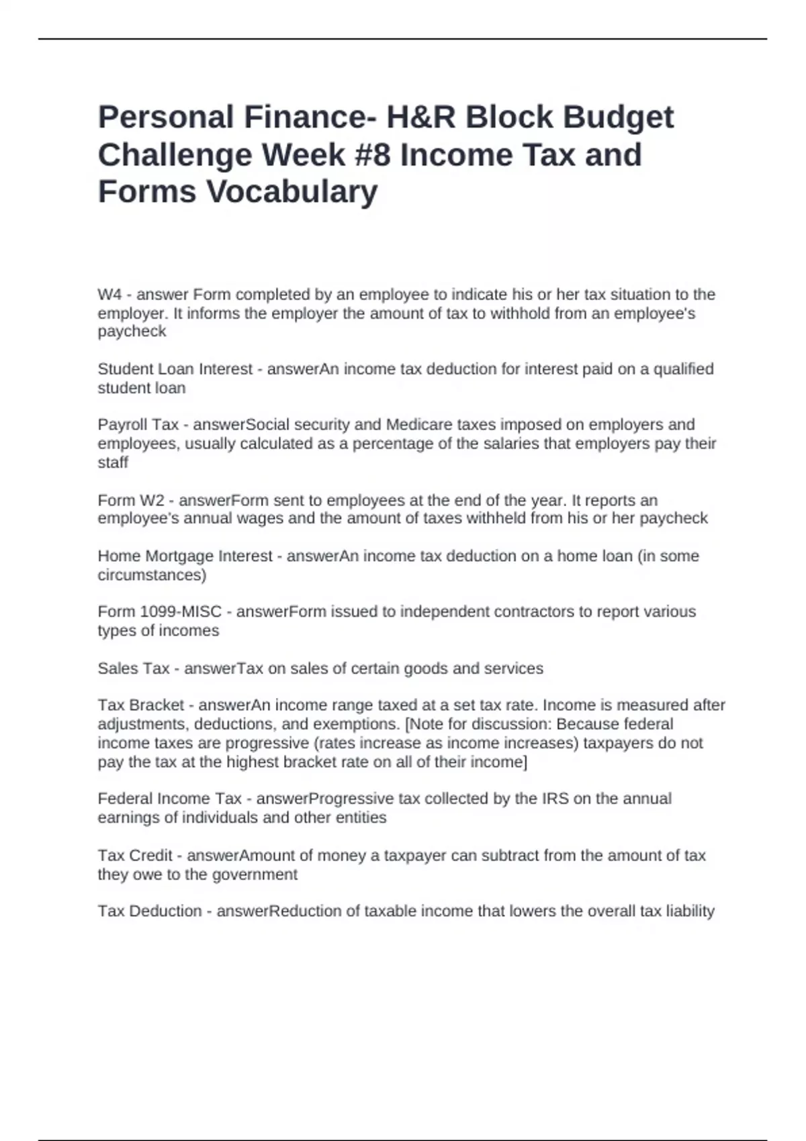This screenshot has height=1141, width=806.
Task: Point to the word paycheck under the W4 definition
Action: click(x=132, y=332)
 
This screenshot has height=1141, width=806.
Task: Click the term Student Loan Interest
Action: click(x=175, y=369)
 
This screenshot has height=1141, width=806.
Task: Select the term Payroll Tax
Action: click(x=138, y=425)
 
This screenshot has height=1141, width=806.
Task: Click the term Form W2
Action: click(x=131, y=501)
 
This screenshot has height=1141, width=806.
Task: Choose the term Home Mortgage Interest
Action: click(x=185, y=556)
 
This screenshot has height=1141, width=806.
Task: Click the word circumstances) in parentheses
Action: click(x=152, y=575)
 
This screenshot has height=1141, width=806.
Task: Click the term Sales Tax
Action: click(x=133, y=668)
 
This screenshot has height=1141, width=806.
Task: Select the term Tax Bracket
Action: click(x=140, y=705)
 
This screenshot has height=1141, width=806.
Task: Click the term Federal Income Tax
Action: click(x=169, y=799)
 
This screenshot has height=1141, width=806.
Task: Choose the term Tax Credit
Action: click(x=135, y=856)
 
